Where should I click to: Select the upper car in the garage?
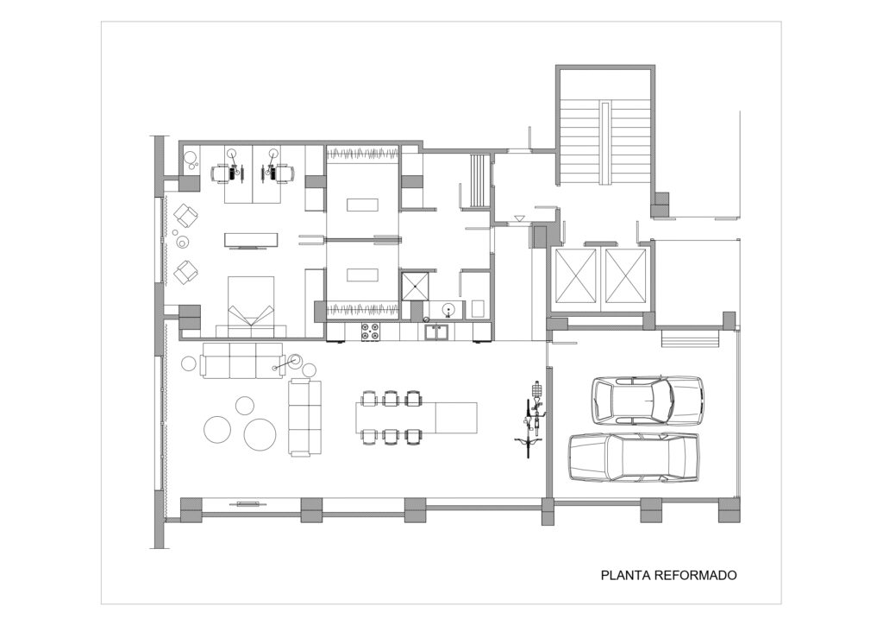click(647, 401)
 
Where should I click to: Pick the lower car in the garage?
click(634, 457)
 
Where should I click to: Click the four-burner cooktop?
click(369, 331)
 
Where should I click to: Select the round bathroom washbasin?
click(448, 309)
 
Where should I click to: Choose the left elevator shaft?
click(575, 276)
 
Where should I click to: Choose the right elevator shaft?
click(625, 276)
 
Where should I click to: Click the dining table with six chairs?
click(416, 418)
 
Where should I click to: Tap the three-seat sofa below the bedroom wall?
click(242, 360)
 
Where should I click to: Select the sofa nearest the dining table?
click(304, 418)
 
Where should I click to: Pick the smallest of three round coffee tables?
click(244, 405)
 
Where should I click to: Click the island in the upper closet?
click(362, 204)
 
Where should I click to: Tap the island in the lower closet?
click(362, 275)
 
